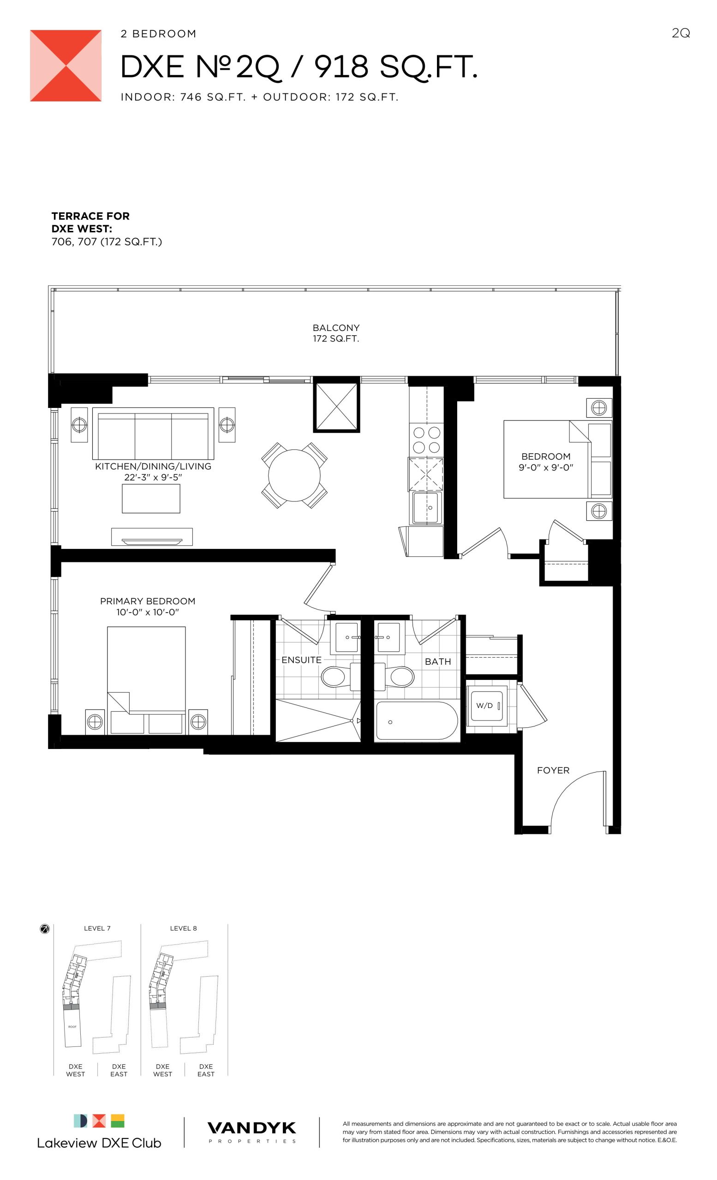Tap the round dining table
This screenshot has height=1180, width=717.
click(x=294, y=475)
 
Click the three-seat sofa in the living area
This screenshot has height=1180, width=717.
click(x=153, y=433)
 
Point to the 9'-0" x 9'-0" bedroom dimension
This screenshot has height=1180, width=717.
click(x=546, y=467)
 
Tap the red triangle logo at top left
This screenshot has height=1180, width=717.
click(x=66, y=65)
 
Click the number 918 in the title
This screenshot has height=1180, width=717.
click(x=341, y=66)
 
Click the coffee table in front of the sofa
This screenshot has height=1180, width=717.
click(x=151, y=499)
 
